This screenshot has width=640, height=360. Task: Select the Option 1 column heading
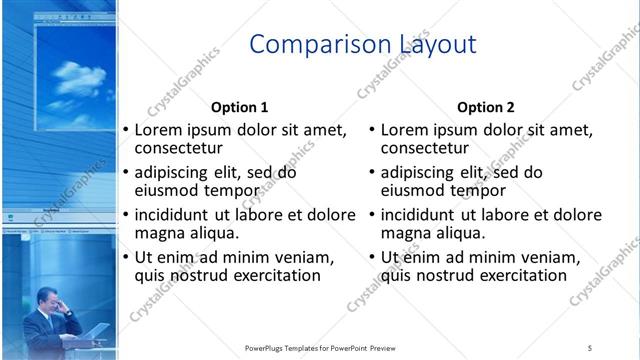(x=239, y=107)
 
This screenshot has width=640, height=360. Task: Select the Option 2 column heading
(x=485, y=107)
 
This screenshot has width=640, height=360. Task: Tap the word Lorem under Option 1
(x=159, y=130)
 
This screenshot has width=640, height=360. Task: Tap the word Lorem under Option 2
(x=405, y=130)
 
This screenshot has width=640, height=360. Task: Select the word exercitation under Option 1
(x=273, y=275)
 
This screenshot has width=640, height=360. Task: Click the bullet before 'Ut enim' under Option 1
(x=125, y=258)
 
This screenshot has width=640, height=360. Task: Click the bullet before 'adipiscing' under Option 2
(x=371, y=173)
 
